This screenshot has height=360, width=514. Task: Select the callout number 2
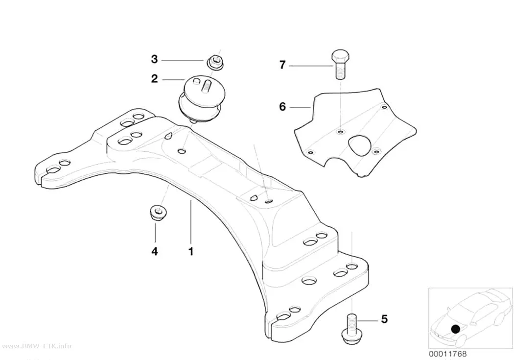click(x=154, y=79)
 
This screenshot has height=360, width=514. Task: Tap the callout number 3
click(x=154, y=59)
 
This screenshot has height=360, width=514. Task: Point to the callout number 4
click(x=155, y=251)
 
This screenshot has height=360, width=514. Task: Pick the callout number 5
click(x=384, y=319)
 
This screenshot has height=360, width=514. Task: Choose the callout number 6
click(x=282, y=107)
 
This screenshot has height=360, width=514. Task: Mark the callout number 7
click(x=282, y=65)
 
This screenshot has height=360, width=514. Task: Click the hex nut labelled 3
click(x=215, y=63)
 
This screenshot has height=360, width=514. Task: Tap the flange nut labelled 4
click(x=159, y=213)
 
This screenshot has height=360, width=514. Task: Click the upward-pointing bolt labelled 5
click(x=351, y=329)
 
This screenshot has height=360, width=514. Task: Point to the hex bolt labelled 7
click(x=341, y=64)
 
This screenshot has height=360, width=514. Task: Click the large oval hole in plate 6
click(x=359, y=145)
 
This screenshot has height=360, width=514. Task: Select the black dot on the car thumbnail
click(x=455, y=329)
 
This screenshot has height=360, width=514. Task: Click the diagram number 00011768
click(x=447, y=354)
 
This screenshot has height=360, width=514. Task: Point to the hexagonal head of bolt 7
click(x=341, y=56)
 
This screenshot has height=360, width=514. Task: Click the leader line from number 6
click(x=300, y=107)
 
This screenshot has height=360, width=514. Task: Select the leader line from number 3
click(x=182, y=60)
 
